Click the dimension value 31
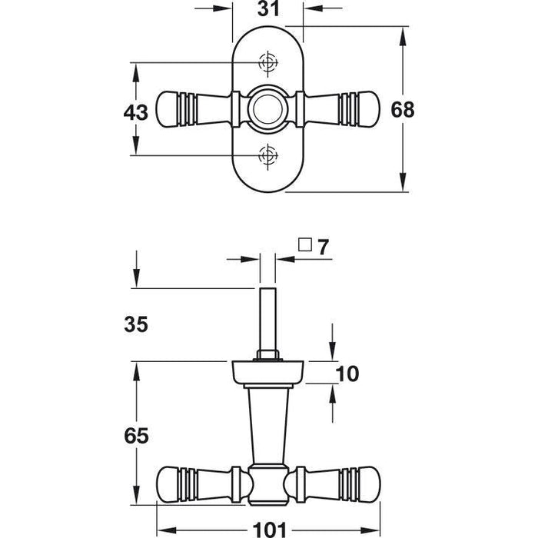tap(267, 10)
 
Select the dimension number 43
tap(135, 111)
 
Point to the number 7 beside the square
tap(322, 247)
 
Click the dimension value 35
tap(135, 324)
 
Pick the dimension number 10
tap(347, 374)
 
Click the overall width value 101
tap(268, 528)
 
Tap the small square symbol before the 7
tap(304, 246)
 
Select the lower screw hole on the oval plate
tap(267, 156)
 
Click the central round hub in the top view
tap(267, 109)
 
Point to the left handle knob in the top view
tap(171, 109)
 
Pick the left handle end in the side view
tap(171, 483)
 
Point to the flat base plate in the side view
tap(267, 374)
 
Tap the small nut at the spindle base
tap(267, 356)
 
